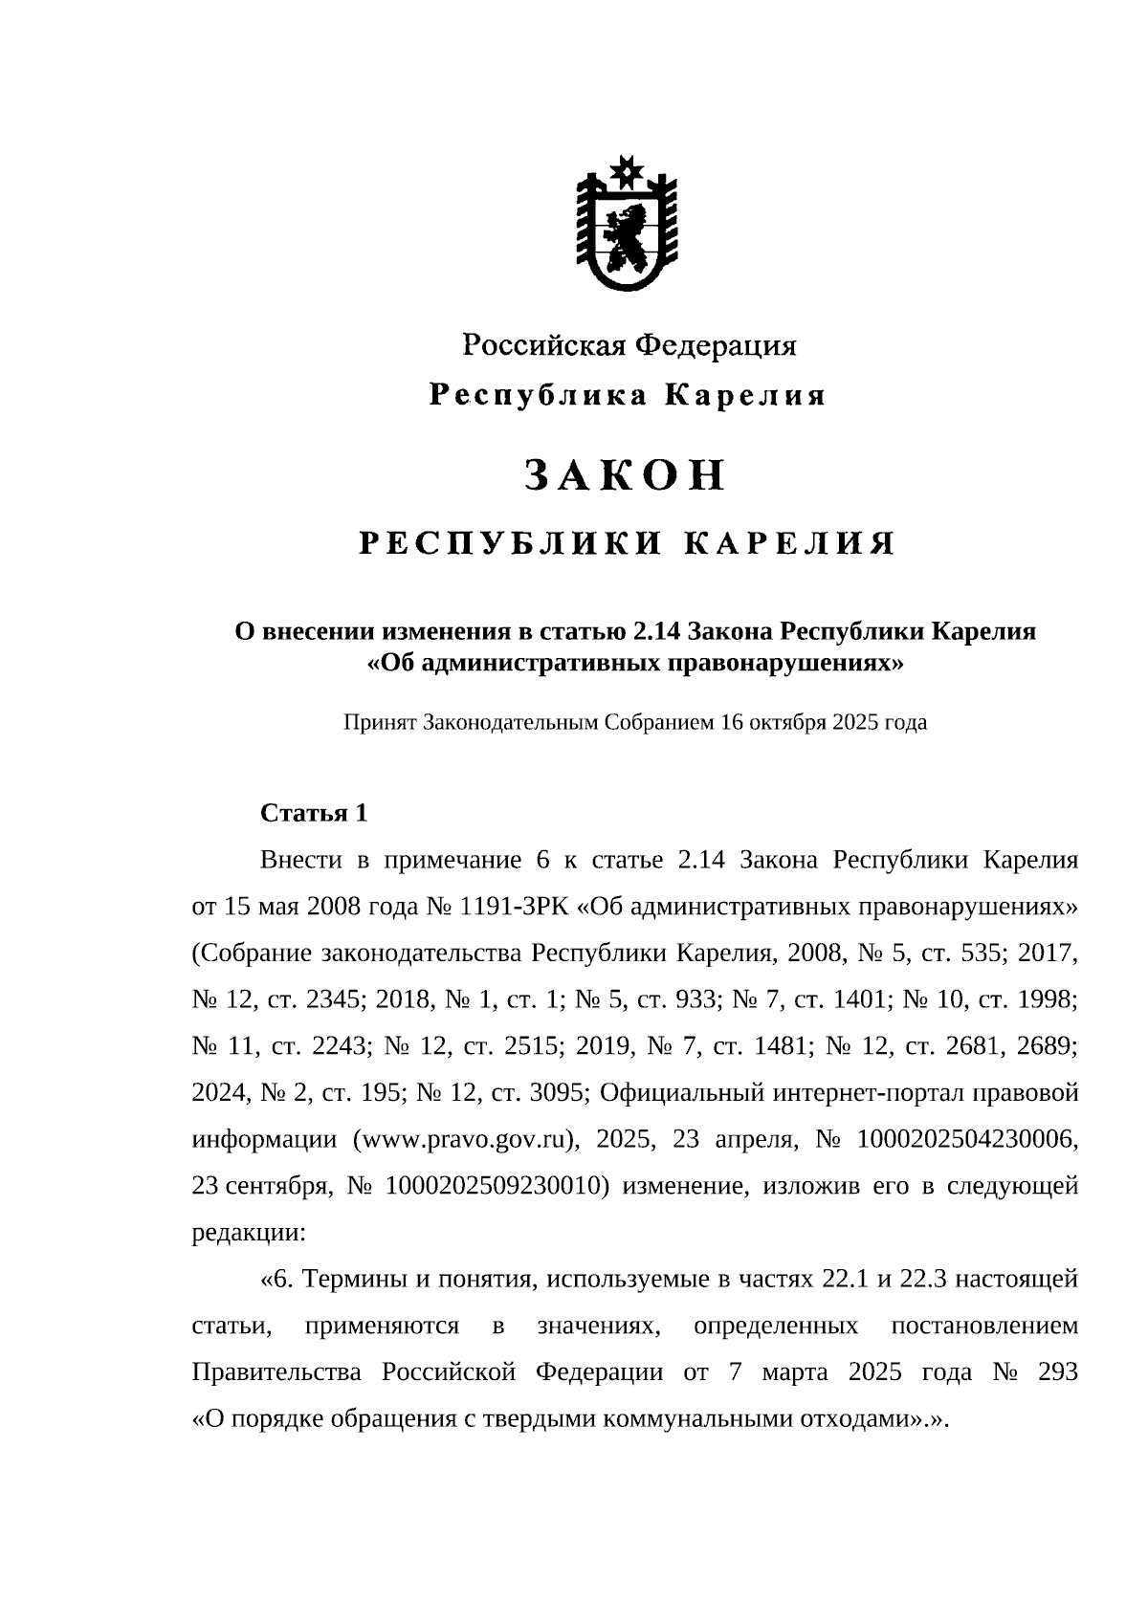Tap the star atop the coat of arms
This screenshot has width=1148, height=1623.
point(627,172)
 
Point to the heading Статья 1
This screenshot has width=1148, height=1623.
point(314,813)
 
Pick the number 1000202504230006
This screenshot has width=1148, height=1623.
point(967,1139)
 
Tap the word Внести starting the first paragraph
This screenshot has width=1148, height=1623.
point(300,859)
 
